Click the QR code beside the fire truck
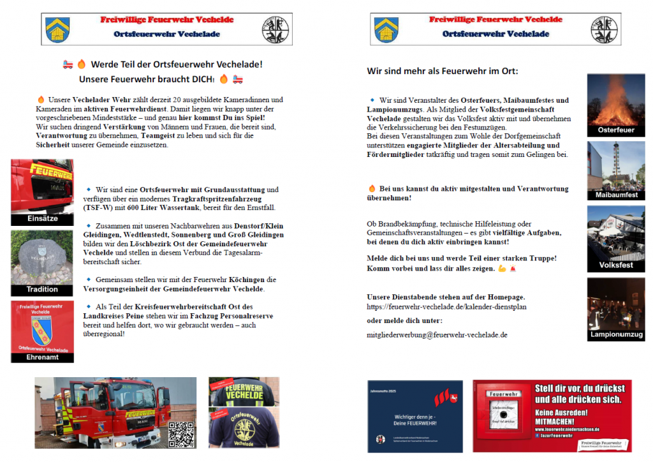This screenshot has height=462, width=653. point(182,434)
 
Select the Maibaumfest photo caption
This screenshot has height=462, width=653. point(616,195)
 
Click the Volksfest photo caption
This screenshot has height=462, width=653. point(616,265)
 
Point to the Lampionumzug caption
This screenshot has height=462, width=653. point(616,334)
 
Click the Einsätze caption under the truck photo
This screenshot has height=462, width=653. point(42,219)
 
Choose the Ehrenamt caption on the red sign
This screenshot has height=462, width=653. point(42,357)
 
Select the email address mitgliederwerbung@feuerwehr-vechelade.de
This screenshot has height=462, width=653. point(437,334)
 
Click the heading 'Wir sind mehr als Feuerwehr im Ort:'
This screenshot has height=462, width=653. point(442,71)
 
